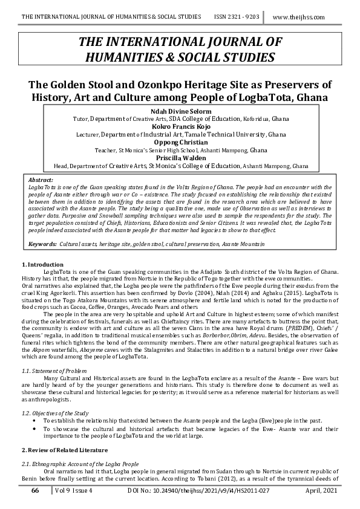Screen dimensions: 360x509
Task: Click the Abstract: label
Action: pyautogui.click(x=42, y=180)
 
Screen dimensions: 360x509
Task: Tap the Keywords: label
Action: pyautogui.click(x=42, y=243)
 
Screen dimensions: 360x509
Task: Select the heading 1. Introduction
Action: pyautogui.click(x=42, y=265)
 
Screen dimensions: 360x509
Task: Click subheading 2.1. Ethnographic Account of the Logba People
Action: pyautogui.click(x=77, y=462)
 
